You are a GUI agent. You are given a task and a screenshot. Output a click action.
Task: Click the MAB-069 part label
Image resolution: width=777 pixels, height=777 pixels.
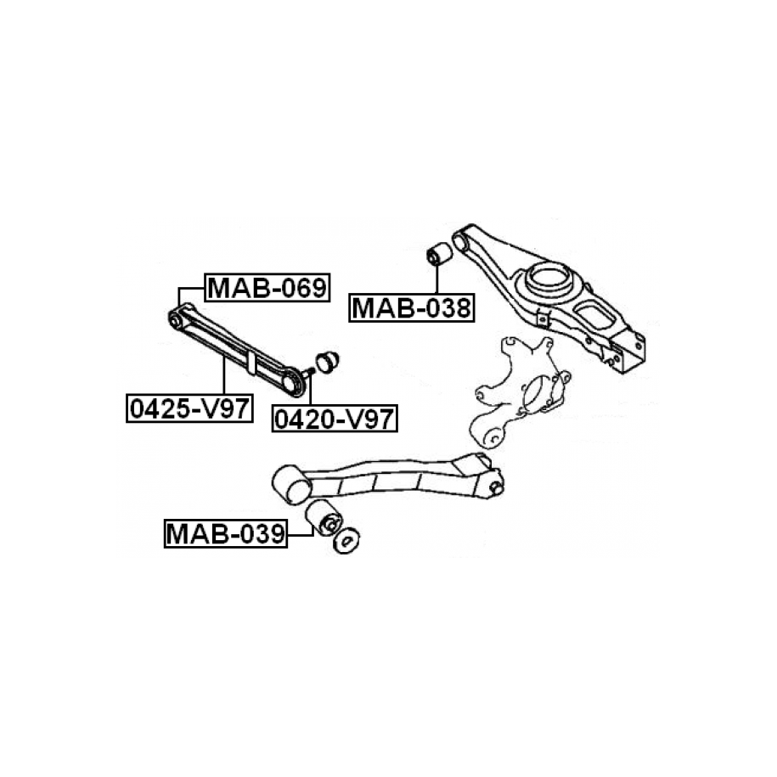[267, 288]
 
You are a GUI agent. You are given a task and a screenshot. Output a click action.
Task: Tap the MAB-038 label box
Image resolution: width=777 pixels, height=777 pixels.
[411, 307]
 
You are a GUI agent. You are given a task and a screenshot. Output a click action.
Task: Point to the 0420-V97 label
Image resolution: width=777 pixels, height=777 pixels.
[335, 417]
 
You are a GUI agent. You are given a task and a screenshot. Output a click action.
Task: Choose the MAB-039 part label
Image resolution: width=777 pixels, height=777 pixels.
[226, 534]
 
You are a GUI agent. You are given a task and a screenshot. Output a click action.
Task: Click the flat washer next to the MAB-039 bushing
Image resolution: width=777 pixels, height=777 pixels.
[347, 541]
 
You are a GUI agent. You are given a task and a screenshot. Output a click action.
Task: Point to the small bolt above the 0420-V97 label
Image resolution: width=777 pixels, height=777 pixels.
[308, 370]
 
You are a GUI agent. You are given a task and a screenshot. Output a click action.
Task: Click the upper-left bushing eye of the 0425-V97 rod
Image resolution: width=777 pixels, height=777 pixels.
[177, 319]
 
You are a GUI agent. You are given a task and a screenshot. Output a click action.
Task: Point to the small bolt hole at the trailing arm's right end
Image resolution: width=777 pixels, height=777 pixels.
[494, 487]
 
